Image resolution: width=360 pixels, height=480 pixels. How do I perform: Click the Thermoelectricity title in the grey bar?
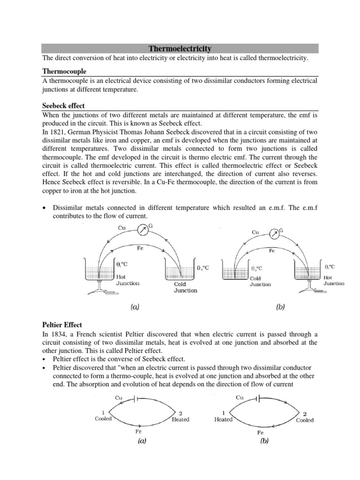[x=180, y=48]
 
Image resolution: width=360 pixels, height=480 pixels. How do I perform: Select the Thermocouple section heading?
[x=62, y=71]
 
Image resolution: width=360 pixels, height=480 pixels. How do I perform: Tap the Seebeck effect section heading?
[x=63, y=105]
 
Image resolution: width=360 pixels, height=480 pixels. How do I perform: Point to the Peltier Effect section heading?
[x=63, y=324]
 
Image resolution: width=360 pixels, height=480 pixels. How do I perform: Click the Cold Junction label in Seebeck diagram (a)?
[x=186, y=287]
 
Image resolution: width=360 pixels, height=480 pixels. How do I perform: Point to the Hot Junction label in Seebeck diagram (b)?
[x=334, y=280]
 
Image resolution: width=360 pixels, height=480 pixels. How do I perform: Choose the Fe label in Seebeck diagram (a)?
[x=140, y=248]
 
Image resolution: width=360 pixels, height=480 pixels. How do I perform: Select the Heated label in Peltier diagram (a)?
[x=180, y=419]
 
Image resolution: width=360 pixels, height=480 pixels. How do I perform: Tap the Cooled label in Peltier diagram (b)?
[x=305, y=420]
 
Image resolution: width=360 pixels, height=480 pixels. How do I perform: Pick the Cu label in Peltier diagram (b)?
[x=240, y=397]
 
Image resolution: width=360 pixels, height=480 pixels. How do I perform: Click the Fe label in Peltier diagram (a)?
[x=139, y=430]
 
